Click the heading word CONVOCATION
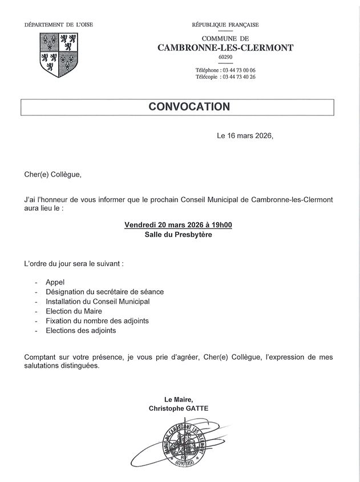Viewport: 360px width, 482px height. click(x=189, y=107)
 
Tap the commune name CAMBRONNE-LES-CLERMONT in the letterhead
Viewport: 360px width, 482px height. click(x=225, y=48)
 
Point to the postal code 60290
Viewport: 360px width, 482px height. click(x=225, y=58)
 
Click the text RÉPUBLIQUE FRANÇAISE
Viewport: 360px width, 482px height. click(x=225, y=25)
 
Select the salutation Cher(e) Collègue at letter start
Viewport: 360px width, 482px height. click(x=53, y=174)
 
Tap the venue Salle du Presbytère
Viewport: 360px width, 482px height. click(x=178, y=235)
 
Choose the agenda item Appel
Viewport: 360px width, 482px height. click(x=55, y=282)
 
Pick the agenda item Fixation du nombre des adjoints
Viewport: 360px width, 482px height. click(x=97, y=321)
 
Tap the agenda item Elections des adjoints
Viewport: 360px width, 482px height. click(x=80, y=331)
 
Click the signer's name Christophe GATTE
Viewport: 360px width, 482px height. click(x=179, y=408)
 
